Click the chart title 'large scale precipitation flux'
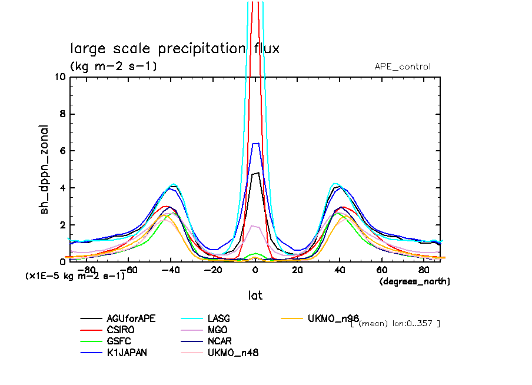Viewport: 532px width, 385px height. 175,48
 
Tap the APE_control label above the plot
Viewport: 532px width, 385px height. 403,67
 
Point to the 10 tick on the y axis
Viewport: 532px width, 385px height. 59,77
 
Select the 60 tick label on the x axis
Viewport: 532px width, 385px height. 381,270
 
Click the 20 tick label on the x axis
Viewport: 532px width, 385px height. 297,270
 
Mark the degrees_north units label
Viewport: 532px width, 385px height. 415,282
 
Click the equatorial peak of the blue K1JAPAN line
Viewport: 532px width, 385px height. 255,144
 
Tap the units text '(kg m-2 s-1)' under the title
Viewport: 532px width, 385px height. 113,67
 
